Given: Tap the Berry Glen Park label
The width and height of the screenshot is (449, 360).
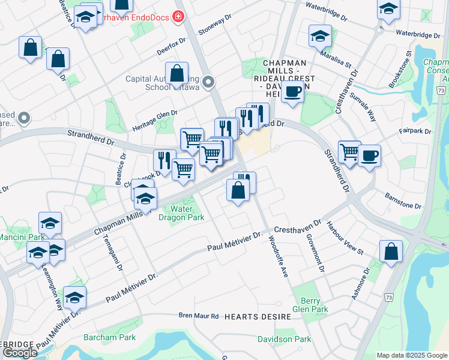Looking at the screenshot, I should (x=310, y=304).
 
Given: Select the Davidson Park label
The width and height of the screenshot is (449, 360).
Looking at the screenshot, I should (x=285, y=339).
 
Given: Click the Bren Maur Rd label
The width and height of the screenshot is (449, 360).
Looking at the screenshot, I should (x=199, y=315).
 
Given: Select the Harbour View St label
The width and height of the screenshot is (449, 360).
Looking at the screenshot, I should (x=345, y=238).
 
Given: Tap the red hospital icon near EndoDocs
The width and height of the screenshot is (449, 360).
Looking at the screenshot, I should (x=177, y=16).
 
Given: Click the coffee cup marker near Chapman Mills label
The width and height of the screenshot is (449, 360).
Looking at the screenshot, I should (x=293, y=92).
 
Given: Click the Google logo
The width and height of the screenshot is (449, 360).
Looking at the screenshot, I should (x=20, y=353).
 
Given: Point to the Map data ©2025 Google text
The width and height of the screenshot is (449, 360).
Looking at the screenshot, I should (x=411, y=355).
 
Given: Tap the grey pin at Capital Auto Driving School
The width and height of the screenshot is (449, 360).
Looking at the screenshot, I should (x=209, y=82).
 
